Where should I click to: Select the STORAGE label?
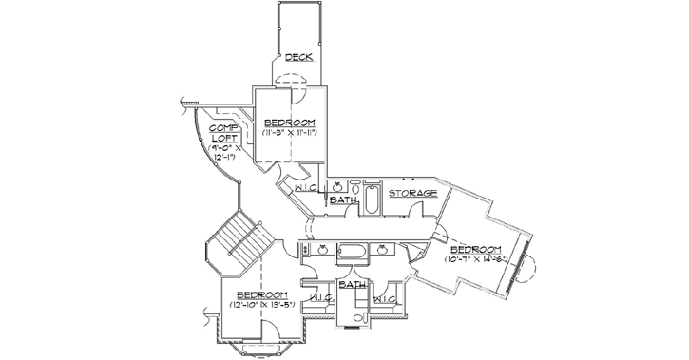[x=412, y=193]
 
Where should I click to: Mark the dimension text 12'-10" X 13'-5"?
[x=262, y=304]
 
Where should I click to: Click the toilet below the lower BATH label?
[x=360, y=315]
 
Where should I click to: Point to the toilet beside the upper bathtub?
[x=353, y=188]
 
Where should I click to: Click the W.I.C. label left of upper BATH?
[x=306, y=188]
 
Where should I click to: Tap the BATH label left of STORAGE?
[x=343, y=200]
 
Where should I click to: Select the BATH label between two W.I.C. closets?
[x=353, y=284]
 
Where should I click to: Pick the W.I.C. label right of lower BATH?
[x=386, y=299]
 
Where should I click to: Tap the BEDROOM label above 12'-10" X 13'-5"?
[x=262, y=294]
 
